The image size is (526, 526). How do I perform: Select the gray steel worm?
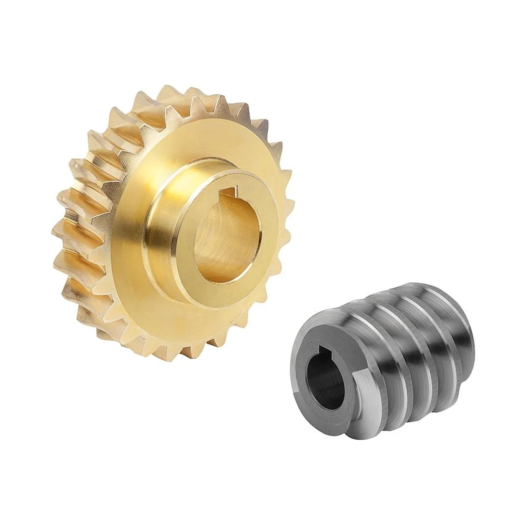click(384, 358)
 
